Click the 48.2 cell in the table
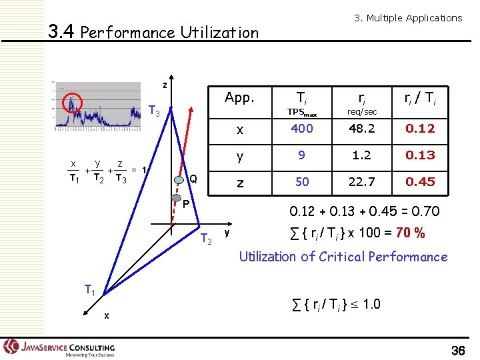pyautogui.click(x=363, y=129)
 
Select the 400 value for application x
pyautogui.click(x=302, y=129)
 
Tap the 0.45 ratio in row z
pyautogui.click(x=421, y=181)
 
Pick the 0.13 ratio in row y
pyautogui.click(x=421, y=155)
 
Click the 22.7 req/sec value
pyautogui.click(x=363, y=181)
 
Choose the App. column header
pyautogui.click(x=239, y=98)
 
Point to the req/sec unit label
pyautogui.click(x=363, y=111)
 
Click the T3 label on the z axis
pyautogui.click(x=153, y=110)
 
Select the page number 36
pyautogui.click(x=458, y=351)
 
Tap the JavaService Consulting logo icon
pyautogui.click(x=11, y=346)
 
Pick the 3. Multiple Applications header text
pyautogui.click(x=407, y=18)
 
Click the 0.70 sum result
pyautogui.click(x=424, y=211)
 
